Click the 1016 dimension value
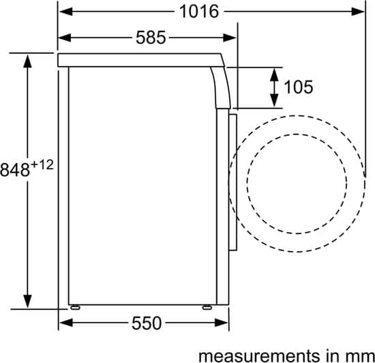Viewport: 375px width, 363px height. (199, 12)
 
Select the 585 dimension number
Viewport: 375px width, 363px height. (151, 38)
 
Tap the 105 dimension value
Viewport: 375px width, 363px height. (299, 87)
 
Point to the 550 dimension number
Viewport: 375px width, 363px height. (147, 323)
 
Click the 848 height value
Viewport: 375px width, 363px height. (15, 170)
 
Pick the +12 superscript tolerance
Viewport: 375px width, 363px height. (42, 165)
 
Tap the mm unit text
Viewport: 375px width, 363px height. (361, 357)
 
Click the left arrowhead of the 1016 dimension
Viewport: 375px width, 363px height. (66, 12)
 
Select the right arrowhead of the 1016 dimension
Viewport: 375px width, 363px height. (358, 12)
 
